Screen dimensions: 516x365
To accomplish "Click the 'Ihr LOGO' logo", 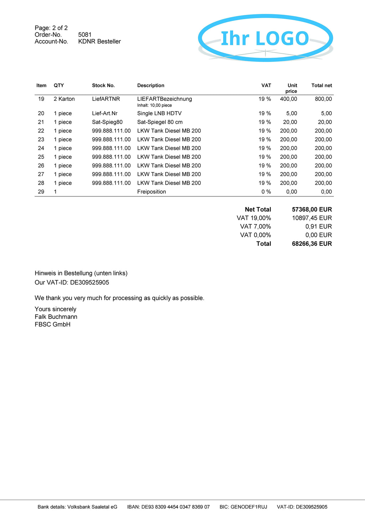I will pyautogui.click(x=265, y=38).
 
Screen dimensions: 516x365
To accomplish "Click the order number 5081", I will pyautogui.click(x=85, y=35).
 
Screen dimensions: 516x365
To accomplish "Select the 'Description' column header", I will pyautogui.click(x=151, y=86).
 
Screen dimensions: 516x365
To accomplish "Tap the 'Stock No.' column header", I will pyautogui.click(x=103, y=86).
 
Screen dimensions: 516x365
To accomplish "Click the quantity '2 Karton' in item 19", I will pyautogui.click(x=64, y=99).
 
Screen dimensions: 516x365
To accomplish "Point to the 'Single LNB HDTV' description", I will pyautogui.click(x=159, y=113).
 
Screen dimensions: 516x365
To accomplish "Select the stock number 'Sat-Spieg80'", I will pyautogui.click(x=107, y=122).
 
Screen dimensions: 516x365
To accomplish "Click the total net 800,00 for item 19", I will pyautogui.click(x=323, y=99).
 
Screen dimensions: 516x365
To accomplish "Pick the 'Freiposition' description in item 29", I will pyautogui.click(x=151, y=192).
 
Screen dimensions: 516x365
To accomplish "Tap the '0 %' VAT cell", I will pyautogui.click(x=266, y=192).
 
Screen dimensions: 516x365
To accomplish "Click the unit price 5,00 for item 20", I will pyautogui.click(x=292, y=113).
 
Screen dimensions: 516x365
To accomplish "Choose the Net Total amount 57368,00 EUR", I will pyautogui.click(x=312, y=210).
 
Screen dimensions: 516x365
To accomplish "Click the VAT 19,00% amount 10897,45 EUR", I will pyautogui.click(x=312, y=218).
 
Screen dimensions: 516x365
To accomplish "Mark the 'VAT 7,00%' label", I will pyautogui.click(x=256, y=227).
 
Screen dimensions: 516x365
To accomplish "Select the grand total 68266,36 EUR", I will pyautogui.click(x=312, y=244).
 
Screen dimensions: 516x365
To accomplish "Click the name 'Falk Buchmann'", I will pyautogui.click(x=56, y=317).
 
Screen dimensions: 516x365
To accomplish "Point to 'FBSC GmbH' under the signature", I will pyautogui.click(x=52, y=325).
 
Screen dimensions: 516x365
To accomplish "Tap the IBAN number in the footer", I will pyautogui.click(x=175, y=507).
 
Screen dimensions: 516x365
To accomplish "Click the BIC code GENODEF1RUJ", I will pyautogui.click(x=249, y=507).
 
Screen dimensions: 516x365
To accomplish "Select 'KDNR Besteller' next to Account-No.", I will pyautogui.click(x=99, y=41).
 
